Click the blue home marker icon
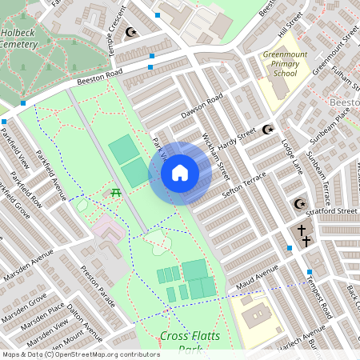(180, 172)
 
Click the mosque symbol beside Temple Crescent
(132, 33)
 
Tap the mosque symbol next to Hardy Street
(268, 129)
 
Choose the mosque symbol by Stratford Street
(300, 204)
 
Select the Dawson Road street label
(201, 107)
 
